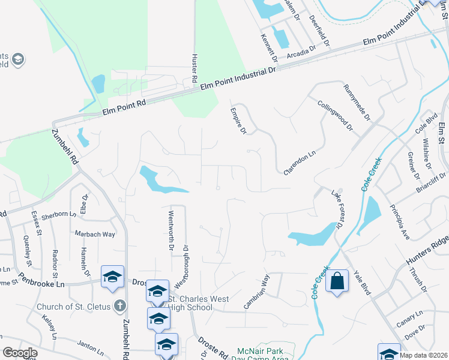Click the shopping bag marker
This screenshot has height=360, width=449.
point(337,281)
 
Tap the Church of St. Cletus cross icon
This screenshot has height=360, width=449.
point(120,306)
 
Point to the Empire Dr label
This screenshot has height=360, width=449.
point(239,121)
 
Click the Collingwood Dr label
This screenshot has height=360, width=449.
point(335,114)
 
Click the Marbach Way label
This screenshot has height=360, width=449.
point(95,234)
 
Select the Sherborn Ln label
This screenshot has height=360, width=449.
point(56,214)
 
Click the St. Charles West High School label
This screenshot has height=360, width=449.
point(190,303)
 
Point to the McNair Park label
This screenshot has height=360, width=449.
point(260,350)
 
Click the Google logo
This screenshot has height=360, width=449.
point(20,353)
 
